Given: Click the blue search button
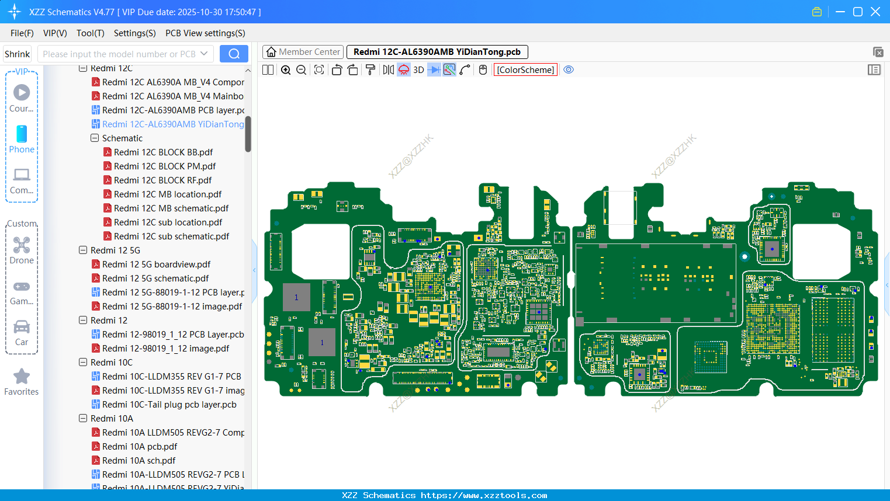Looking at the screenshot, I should [x=234, y=54].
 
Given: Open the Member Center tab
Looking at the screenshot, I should [x=303, y=52].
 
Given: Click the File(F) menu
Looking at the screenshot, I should [x=22, y=33].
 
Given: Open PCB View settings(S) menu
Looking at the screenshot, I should [x=205, y=33].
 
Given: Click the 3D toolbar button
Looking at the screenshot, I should [x=418, y=70].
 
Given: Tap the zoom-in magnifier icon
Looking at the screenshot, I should [x=286, y=70].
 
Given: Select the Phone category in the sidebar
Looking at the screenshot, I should [x=22, y=139].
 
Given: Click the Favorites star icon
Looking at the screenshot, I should [x=22, y=377].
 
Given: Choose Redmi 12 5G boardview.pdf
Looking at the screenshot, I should [x=156, y=265].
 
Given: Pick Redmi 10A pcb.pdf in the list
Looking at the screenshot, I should [x=139, y=447].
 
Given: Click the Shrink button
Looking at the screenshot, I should [x=17, y=54].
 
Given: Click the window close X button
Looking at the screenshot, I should [x=875, y=12].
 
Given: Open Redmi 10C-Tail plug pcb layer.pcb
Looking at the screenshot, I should [x=169, y=405].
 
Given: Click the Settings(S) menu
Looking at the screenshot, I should [x=134, y=33].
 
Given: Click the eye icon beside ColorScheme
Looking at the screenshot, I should [x=569, y=70].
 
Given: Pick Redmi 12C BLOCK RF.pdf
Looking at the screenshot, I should [x=162, y=180].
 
